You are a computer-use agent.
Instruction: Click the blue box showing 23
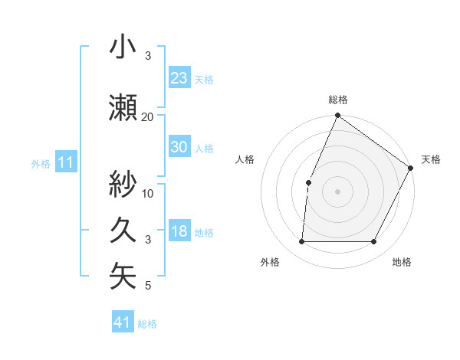(179, 78)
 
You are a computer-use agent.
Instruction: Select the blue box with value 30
(179, 147)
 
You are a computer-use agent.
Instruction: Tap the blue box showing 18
(179, 231)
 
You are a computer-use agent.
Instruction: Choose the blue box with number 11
(66, 162)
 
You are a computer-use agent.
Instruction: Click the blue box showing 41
(123, 322)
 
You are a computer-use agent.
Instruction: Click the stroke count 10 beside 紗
(148, 193)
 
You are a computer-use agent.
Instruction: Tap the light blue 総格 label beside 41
(147, 324)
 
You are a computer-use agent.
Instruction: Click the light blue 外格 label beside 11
(41, 163)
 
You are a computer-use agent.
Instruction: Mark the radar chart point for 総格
(337, 116)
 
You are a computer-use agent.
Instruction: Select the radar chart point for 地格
(373, 242)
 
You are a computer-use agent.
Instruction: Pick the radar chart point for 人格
(308, 182)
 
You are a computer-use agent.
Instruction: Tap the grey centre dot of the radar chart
(337, 191)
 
